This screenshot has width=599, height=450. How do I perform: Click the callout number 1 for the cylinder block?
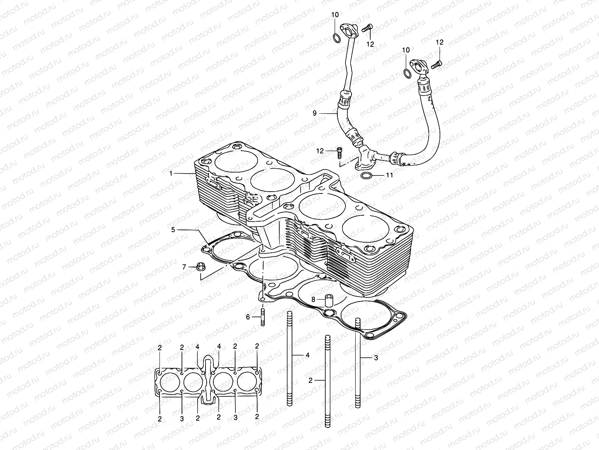click(171, 173)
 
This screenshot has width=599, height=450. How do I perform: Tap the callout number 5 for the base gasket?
click(173, 229)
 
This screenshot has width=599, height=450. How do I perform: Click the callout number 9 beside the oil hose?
click(314, 112)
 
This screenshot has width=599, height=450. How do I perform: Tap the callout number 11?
click(389, 175)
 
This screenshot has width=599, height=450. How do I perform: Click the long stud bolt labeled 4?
click(289, 358)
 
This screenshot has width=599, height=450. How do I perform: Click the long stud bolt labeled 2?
click(327, 381)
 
